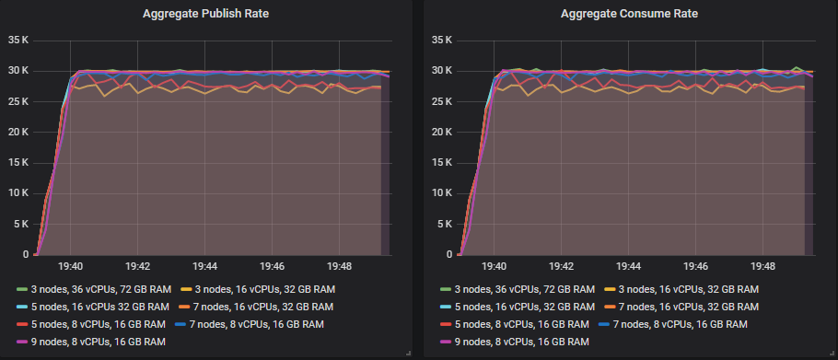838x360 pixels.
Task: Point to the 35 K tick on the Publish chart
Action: [18, 41]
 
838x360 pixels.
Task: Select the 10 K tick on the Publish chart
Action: [18, 193]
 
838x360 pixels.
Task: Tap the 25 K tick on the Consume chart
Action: [442, 101]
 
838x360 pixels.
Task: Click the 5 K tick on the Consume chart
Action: [445, 224]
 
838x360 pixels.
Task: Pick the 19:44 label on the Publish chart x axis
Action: [206, 266]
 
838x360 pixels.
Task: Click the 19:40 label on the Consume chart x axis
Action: [495, 266]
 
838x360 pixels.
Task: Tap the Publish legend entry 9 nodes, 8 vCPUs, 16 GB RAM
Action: [89, 343]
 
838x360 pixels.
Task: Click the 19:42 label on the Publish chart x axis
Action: [138, 266]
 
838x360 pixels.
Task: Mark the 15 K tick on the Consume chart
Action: [442, 163]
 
